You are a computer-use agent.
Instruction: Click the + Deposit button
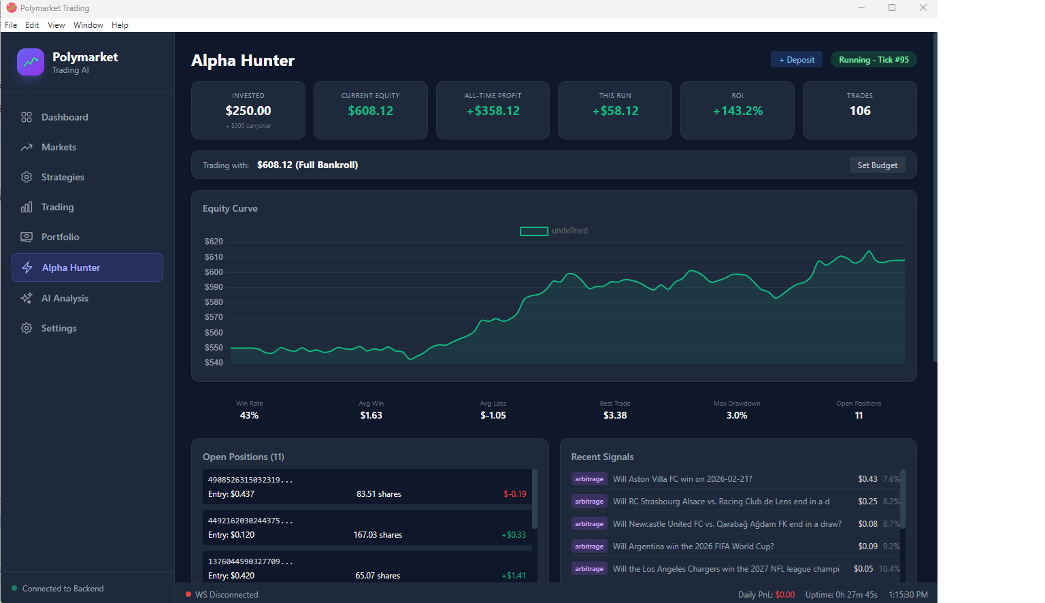(x=796, y=60)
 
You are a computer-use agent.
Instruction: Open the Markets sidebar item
(x=59, y=147)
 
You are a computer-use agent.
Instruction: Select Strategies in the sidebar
(x=63, y=177)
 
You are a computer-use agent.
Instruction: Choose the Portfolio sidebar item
(x=60, y=237)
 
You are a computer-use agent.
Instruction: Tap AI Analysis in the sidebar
(x=65, y=298)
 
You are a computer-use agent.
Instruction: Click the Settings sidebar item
(x=59, y=328)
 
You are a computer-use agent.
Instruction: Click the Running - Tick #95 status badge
(x=873, y=60)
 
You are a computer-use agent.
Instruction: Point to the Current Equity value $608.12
(x=370, y=111)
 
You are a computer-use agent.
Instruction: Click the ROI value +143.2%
(x=737, y=111)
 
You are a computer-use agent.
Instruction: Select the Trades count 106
(x=859, y=111)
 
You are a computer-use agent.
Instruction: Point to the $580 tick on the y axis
(x=214, y=302)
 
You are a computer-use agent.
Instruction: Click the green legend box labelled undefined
(x=534, y=231)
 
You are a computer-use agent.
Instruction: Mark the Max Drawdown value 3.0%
(x=737, y=415)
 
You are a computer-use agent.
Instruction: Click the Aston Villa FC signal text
(x=682, y=479)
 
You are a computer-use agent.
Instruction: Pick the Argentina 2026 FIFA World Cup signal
(x=693, y=547)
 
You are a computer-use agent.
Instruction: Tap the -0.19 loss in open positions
(x=514, y=494)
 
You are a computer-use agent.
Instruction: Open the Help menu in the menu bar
(x=120, y=25)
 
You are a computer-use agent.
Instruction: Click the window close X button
(x=923, y=8)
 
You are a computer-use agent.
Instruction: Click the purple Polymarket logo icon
(x=31, y=62)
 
